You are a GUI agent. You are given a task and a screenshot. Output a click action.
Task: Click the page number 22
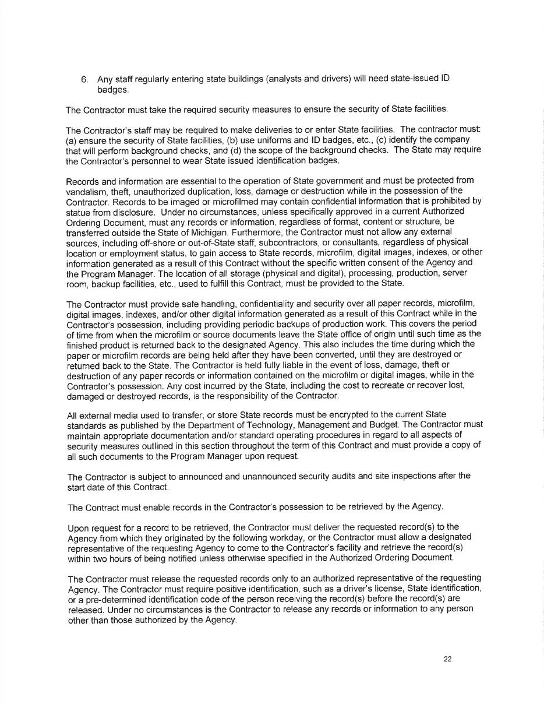point(447,659)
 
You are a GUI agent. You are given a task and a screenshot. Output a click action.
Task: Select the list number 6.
point(84,79)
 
